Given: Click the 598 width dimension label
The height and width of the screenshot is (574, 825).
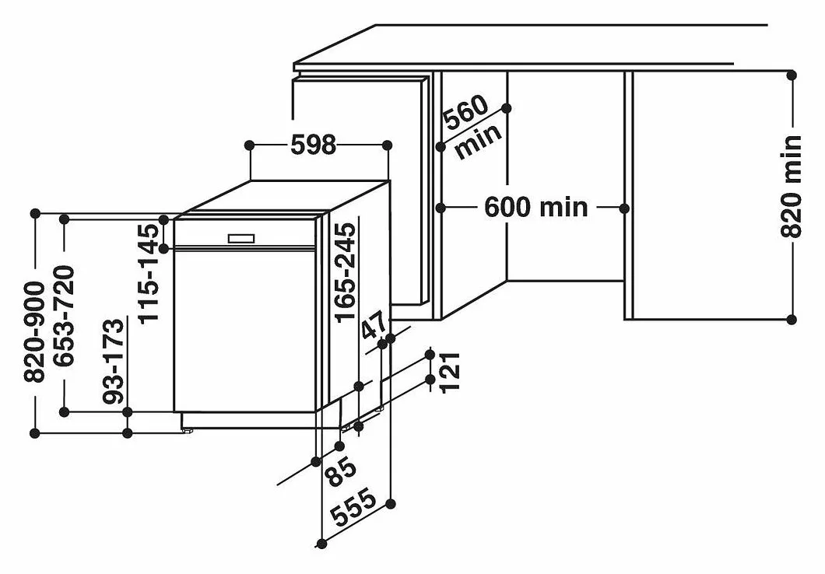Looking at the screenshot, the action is click(313, 145).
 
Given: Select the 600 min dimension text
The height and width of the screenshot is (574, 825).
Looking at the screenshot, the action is click(535, 207).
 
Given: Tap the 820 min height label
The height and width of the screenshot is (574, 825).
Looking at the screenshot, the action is click(791, 187).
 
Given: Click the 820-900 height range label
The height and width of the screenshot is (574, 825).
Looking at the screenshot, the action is click(35, 331).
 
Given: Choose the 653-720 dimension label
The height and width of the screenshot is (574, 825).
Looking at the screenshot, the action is click(64, 316).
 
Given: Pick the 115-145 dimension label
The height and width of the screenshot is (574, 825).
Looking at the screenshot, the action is click(148, 273).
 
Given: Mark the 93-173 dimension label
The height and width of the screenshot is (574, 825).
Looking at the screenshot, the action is click(114, 361).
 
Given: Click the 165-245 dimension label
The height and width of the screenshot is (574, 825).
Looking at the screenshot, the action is click(345, 271).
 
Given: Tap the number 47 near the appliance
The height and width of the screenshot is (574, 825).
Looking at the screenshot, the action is click(375, 326).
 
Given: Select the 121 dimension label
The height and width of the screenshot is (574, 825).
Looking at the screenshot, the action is click(450, 372).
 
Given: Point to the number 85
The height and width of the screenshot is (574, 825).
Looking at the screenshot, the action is click(341, 471).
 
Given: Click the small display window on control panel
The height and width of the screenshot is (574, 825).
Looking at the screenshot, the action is click(241, 239).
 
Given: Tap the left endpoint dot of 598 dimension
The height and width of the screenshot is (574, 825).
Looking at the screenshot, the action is click(249, 145).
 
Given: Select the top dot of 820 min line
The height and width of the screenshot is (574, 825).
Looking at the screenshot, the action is click(792, 75).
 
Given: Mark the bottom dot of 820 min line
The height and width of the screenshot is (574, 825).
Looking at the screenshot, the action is click(792, 319).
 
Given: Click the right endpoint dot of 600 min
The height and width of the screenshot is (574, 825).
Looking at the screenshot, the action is click(624, 208).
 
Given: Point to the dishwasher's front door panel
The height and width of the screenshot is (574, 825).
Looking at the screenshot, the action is click(244, 330).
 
